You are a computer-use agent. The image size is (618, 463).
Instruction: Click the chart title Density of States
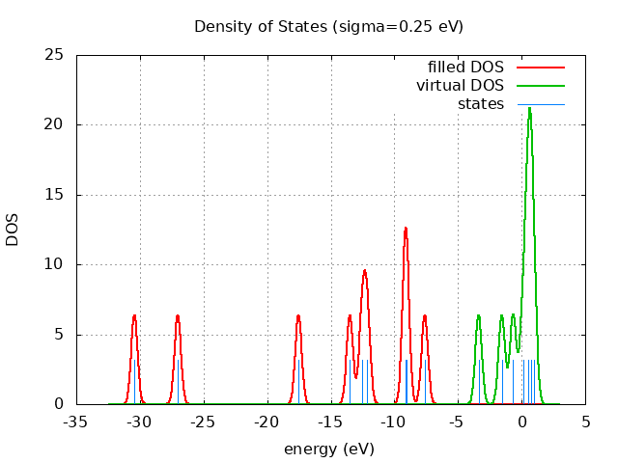click(x=328, y=26)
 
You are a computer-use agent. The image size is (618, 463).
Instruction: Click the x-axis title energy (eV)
click(x=328, y=449)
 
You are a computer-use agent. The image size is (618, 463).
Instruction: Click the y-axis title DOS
click(x=13, y=230)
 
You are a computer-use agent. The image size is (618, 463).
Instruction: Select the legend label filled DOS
click(x=465, y=68)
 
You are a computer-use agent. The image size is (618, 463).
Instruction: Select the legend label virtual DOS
click(x=460, y=86)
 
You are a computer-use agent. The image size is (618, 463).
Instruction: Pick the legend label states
click(x=480, y=104)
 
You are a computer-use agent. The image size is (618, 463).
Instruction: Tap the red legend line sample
click(x=540, y=68)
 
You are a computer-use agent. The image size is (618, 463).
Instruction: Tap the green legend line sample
click(x=540, y=86)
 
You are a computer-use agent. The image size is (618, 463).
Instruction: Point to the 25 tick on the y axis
click(x=56, y=55)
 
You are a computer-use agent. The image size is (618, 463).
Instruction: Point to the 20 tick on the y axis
click(x=56, y=124)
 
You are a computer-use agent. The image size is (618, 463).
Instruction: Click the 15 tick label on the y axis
click(x=56, y=195)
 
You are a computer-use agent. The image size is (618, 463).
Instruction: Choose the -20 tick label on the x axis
click(x=267, y=422)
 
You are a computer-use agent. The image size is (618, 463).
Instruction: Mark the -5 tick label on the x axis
click(x=458, y=422)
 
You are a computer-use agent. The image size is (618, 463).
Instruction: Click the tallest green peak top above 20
click(x=529, y=108)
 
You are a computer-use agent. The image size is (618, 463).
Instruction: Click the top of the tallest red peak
click(x=406, y=228)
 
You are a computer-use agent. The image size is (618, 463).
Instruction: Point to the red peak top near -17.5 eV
click(x=298, y=315)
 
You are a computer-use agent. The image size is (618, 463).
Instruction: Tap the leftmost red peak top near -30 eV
click(x=134, y=315)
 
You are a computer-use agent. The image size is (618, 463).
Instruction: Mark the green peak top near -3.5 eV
click(x=478, y=315)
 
